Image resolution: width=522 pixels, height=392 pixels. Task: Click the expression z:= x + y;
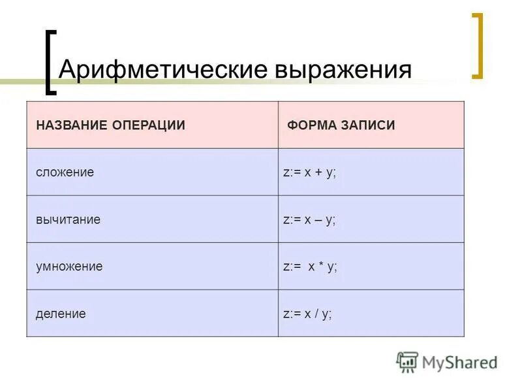point(309,172)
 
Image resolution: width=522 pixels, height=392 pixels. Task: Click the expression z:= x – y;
point(309,220)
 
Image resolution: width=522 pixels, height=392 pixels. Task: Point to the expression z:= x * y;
point(310,267)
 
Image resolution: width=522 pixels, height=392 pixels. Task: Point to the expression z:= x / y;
point(307,314)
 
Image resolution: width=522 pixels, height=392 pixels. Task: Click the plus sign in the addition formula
point(320,172)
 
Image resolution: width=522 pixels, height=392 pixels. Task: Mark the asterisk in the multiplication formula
point(320,266)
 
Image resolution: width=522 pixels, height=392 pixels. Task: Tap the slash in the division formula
point(316,314)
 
